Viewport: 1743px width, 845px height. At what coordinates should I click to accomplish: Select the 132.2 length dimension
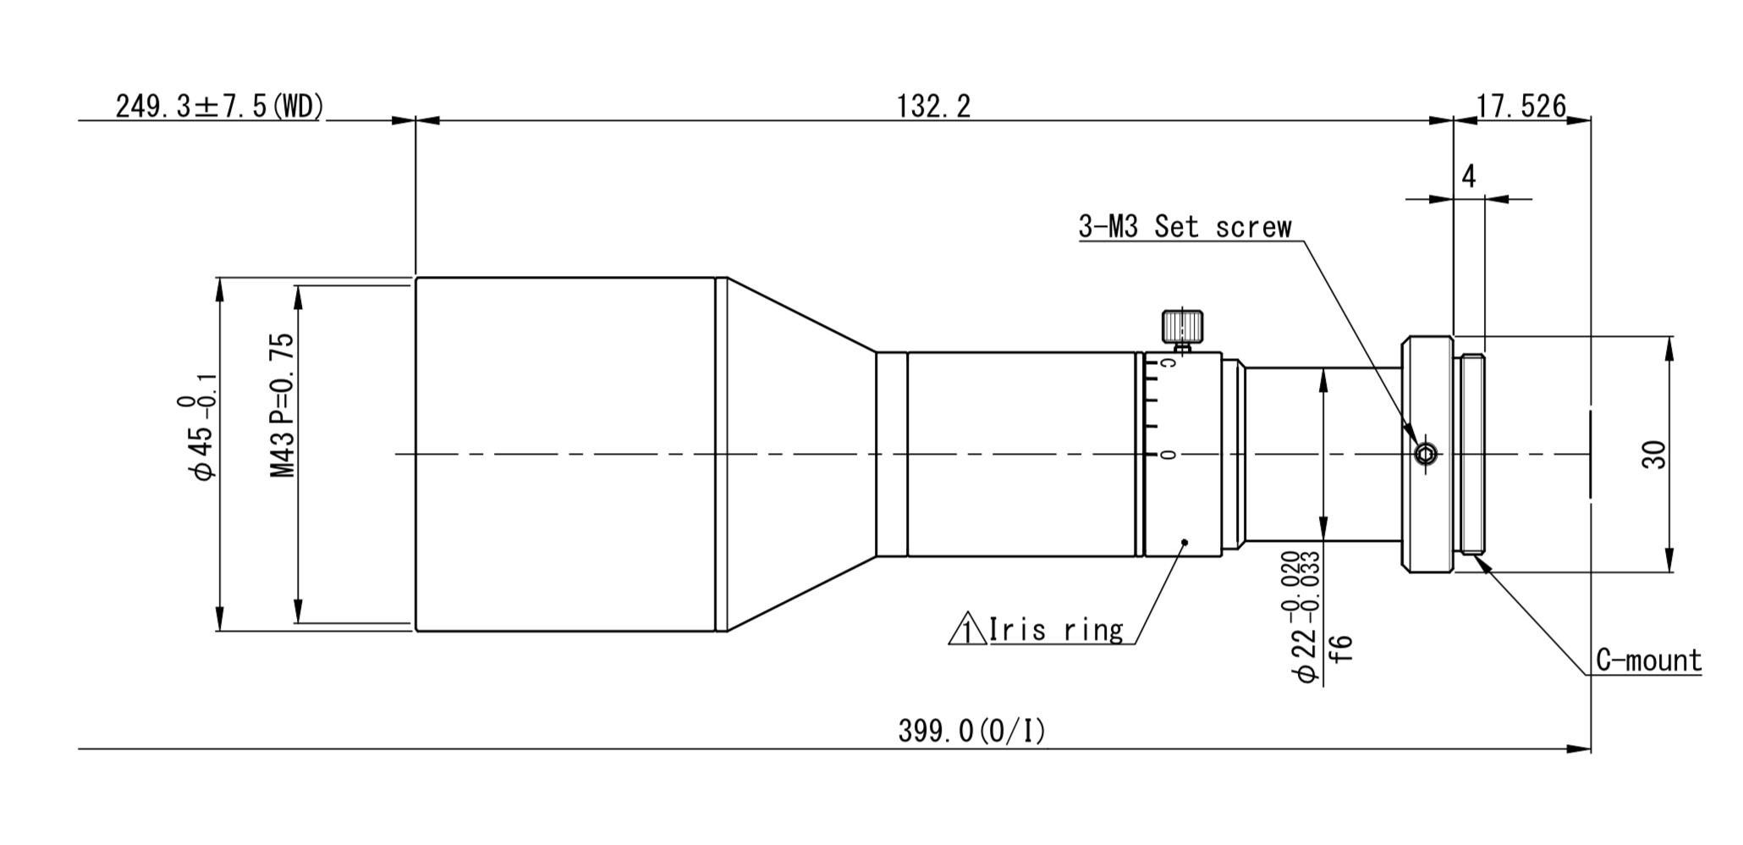point(933,107)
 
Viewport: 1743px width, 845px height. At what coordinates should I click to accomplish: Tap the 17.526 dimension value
point(1521,107)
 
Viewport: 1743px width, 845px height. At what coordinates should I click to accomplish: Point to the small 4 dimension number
point(1469,176)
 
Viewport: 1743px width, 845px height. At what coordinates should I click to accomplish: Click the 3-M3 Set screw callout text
point(1185,227)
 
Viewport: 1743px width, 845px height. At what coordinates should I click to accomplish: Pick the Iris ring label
point(1056,630)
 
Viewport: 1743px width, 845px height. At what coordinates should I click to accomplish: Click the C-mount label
point(1648,660)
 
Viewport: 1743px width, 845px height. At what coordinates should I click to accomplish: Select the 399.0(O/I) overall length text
point(971,731)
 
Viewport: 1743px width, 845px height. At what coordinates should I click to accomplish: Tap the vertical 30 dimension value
point(1653,455)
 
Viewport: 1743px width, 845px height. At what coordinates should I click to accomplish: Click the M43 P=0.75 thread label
point(283,405)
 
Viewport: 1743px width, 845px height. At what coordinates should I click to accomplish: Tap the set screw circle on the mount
point(1426,455)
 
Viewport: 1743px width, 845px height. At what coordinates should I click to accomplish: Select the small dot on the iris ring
point(1185,542)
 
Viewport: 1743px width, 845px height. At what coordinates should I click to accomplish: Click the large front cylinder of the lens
point(565,455)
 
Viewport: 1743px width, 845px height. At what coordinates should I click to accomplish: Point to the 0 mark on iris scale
point(1168,456)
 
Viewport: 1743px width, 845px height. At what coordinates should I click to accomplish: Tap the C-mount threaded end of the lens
point(1473,455)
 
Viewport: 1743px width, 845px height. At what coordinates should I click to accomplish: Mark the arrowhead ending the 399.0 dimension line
point(1581,749)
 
